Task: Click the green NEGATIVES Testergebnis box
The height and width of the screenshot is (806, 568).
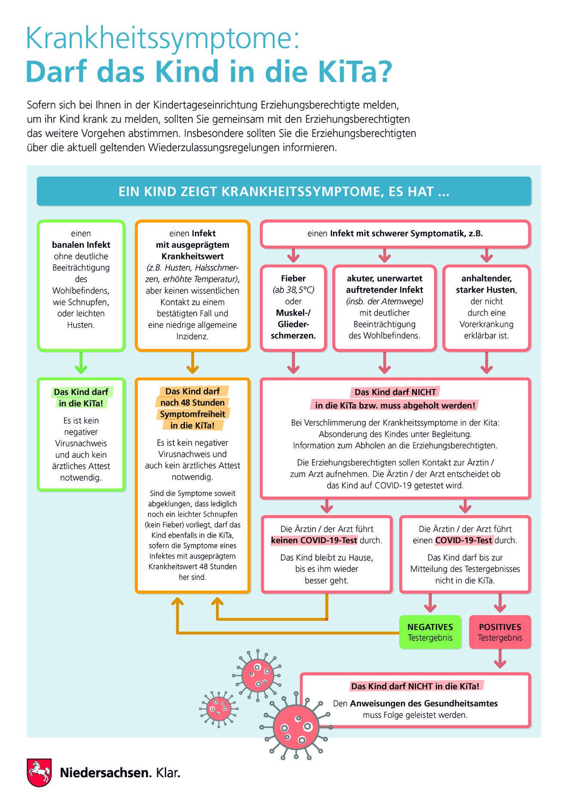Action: click(430, 632)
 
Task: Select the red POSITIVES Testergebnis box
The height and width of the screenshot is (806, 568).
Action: click(500, 632)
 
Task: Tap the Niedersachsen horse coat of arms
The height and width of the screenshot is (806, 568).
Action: click(39, 772)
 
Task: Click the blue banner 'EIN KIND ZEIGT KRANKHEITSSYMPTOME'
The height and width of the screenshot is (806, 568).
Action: click(284, 191)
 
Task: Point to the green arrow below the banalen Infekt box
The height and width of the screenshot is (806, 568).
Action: click(81, 362)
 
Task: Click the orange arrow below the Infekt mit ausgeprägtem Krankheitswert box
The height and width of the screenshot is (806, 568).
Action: click(192, 362)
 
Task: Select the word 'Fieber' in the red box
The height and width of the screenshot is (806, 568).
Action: click(293, 278)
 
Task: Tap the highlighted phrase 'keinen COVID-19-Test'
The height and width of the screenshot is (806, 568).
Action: click(314, 540)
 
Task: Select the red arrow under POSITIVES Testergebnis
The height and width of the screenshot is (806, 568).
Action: click(500, 658)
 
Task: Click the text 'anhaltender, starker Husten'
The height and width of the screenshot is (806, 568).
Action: click(487, 284)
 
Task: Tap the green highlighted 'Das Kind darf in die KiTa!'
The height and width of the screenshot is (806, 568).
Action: click(81, 398)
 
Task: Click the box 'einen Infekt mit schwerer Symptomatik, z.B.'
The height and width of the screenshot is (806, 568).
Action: click(395, 234)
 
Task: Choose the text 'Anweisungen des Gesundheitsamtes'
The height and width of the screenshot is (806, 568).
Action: click(424, 704)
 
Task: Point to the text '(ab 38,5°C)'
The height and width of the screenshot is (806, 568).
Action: click(293, 290)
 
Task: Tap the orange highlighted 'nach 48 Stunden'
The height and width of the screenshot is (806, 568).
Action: click(192, 403)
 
